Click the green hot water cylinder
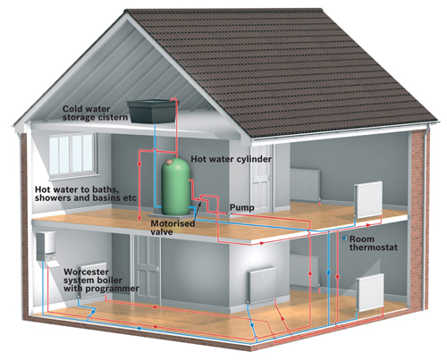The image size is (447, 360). tap(176, 186)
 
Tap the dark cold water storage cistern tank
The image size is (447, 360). tap(150, 112)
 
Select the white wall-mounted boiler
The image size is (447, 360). tap(46, 247)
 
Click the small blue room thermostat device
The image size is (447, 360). tap(345, 239)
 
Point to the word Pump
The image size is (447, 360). tap(242, 208)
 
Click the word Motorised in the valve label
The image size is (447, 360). tap(173, 223)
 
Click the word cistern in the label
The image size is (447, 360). tap(112, 117)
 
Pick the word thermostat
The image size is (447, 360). tap(374, 247)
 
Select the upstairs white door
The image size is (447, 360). tap(261, 178)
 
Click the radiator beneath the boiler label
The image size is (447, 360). tap(93, 280)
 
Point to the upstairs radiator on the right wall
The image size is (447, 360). tap(368, 200)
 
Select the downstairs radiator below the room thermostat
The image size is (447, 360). tap(370, 293)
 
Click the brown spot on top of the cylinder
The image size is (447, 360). tap(169, 163)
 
